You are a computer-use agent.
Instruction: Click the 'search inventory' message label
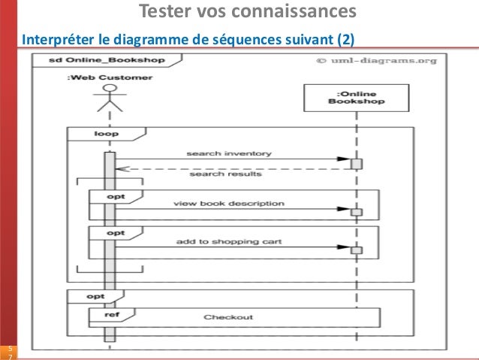click(x=229, y=153)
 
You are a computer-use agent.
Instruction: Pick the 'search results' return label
click(x=225, y=174)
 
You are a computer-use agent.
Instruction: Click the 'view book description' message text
click(x=229, y=203)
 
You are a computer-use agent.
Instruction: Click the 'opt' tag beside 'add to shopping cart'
click(x=115, y=233)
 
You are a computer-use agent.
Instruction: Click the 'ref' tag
click(x=101, y=315)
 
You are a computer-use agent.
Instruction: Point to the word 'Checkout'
click(x=228, y=317)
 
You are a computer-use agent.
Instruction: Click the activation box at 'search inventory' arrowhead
click(x=357, y=163)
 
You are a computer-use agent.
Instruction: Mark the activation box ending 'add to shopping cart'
click(x=357, y=249)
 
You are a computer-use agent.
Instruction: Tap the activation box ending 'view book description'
click(x=357, y=211)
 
